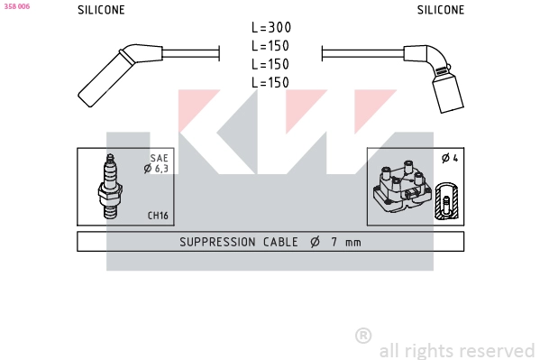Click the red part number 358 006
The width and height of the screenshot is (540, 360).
pos(17,5)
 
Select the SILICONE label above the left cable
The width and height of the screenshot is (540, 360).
pos(101,10)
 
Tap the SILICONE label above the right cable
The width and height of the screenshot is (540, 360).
pos(440,10)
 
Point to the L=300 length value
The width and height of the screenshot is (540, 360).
pos(270,28)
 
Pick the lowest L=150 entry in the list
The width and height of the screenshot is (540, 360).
pos(270,82)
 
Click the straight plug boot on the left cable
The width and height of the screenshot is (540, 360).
pos(105,76)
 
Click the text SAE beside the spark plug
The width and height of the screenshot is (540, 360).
pos(159,158)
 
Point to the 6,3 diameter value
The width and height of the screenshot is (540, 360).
pos(161,169)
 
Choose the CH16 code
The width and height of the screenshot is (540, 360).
pos(158,216)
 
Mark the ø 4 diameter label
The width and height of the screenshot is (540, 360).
pos(449,159)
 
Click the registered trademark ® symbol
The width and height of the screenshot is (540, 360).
pos(363,336)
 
